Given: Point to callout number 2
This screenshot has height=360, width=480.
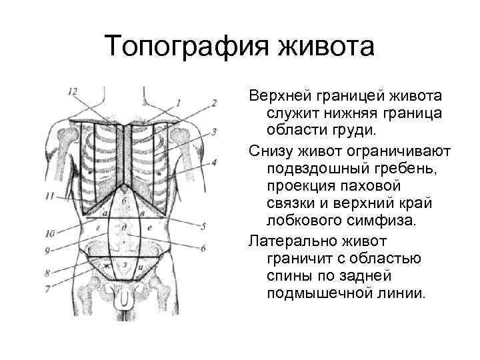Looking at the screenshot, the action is (x=214, y=103).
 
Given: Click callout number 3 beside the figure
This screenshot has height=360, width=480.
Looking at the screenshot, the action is (x=214, y=132).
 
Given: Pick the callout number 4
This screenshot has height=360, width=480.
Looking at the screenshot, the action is (x=214, y=162).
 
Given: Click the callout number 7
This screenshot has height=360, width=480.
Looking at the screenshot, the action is (x=47, y=288).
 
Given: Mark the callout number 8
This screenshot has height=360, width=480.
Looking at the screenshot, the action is (x=47, y=272).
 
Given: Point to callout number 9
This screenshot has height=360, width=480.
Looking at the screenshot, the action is (x=47, y=250).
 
